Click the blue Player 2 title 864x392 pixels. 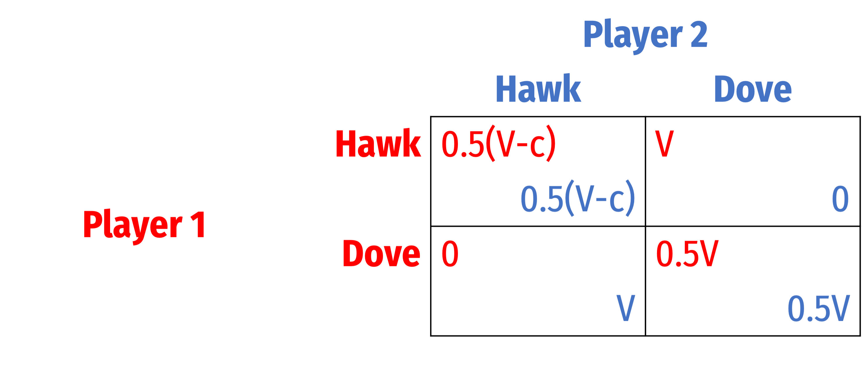point(645,36)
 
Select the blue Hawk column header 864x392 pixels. point(538,88)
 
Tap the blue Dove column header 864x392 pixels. point(753,89)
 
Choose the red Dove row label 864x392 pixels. point(381,253)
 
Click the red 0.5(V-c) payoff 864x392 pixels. point(498,143)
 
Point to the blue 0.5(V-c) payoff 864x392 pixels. point(578,198)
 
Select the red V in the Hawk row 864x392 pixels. point(664,144)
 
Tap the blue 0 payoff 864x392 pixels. point(840,199)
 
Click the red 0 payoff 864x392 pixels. point(450,254)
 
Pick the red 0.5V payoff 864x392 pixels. point(687,254)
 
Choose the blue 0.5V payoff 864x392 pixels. point(819,309)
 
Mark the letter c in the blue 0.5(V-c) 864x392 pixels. point(617,201)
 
